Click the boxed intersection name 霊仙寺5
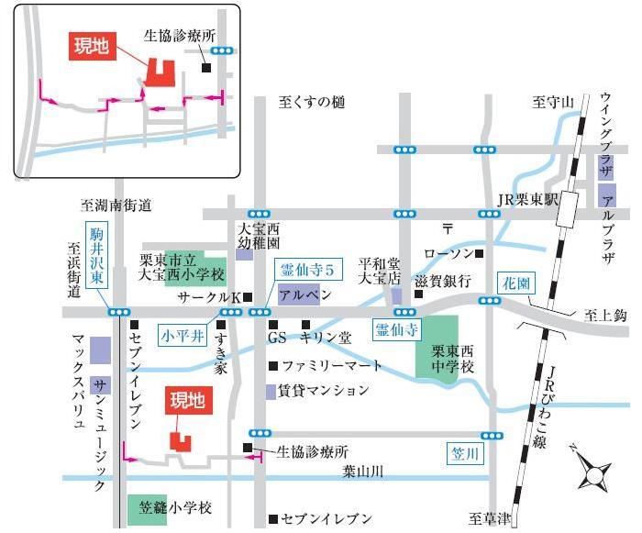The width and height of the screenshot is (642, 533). coord(311,270)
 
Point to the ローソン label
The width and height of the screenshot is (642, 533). coord(448,252)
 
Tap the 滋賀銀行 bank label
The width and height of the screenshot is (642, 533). coord(442,281)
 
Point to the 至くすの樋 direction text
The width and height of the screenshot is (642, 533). coord(312,103)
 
